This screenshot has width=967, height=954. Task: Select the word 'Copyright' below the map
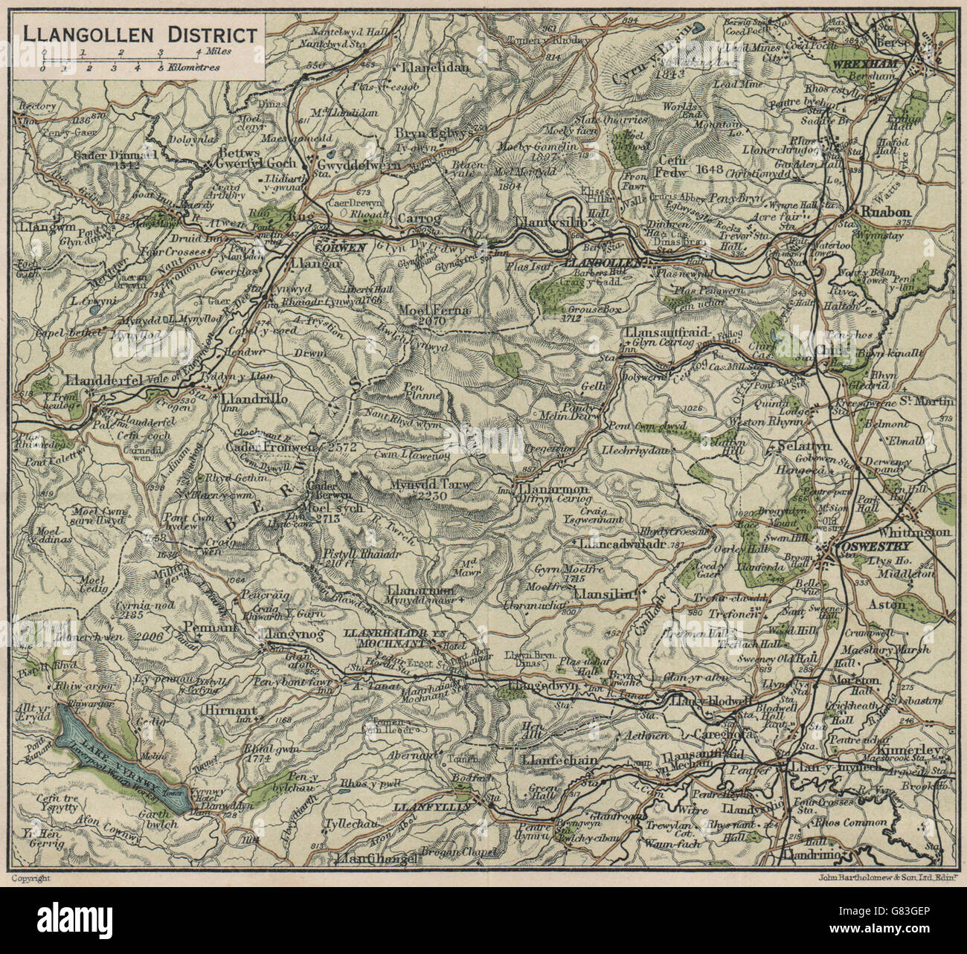pyautogui.click(x=31, y=877)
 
